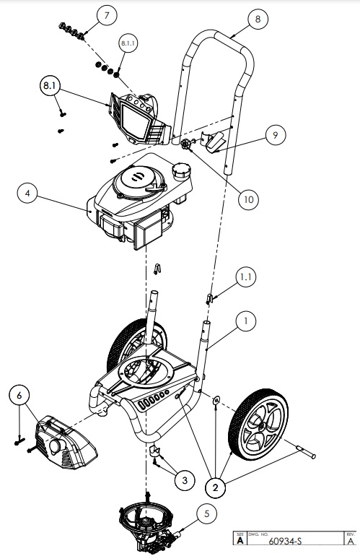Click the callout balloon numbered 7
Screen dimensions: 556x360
pyautogui.click(x=105, y=16)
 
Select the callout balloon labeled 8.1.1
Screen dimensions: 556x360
pyautogui.click(x=128, y=45)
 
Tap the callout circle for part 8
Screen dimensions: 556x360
pyautogui.click(x=256, y=20)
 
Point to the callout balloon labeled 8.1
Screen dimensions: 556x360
pyautogui.click(x=49, y=85)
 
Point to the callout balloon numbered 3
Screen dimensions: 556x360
pyautogui.click(x=185, y=479)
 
